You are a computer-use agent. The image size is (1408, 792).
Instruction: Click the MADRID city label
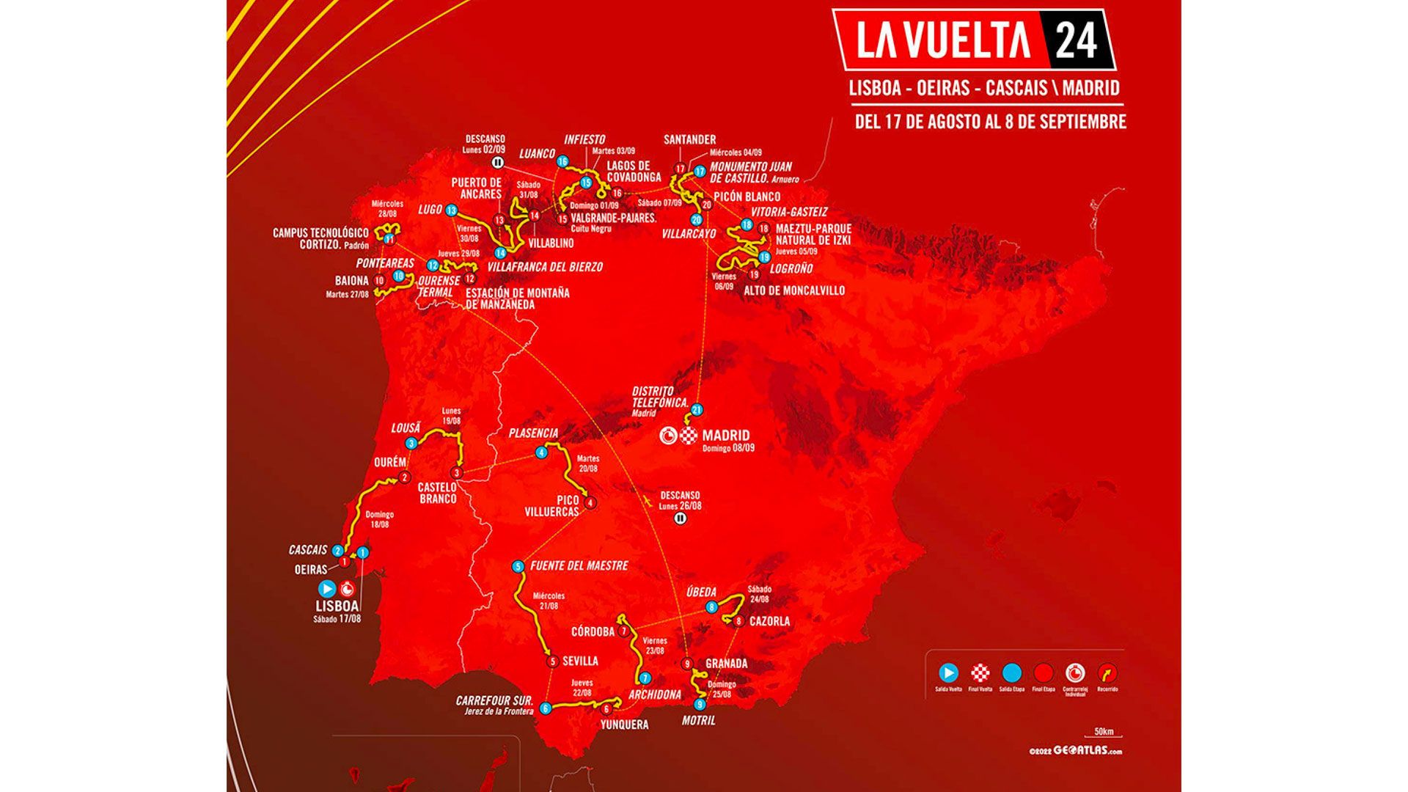[726, 435]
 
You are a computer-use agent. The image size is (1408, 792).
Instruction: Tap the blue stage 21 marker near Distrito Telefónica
[697, 410]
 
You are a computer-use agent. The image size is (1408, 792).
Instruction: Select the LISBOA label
[337, 606]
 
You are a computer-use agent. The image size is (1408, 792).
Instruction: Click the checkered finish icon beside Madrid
[688, 436]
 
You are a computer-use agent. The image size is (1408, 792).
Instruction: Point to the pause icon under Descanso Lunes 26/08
[680, 518]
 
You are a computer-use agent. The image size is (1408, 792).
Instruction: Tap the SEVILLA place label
[580, 661]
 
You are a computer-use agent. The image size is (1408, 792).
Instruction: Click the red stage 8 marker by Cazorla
[738, 621]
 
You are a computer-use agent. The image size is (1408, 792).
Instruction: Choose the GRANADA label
[726, 664]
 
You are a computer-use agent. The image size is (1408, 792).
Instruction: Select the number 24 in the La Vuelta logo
[1076, 40]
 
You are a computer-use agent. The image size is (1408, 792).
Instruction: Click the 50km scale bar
[1102, 734]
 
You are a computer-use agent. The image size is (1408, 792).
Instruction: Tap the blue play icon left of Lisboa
[327, 588]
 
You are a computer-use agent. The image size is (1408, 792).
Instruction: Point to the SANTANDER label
[689, 139]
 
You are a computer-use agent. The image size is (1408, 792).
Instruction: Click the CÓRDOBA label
[593, 631]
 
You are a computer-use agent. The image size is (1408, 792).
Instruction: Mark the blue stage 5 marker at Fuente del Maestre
[518, 566]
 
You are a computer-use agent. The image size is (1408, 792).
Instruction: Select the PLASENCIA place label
[533, 433]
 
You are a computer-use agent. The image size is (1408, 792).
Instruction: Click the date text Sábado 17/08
[337, 619]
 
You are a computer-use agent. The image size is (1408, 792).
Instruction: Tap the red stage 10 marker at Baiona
[379, 280]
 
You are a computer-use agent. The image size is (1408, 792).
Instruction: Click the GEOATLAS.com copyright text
[1075, 751]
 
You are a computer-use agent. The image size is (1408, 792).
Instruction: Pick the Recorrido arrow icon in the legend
[1107, 672]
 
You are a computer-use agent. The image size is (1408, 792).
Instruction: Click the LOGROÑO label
[791, 269]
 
